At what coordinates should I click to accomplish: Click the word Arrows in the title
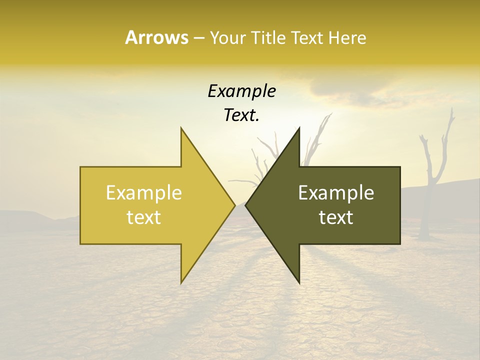tap(156, 37)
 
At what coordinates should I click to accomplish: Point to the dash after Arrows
tap(198, 38)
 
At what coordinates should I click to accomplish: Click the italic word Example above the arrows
tap(241, 91)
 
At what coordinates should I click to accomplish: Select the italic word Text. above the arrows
tap(241, 115)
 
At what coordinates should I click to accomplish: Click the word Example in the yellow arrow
tap(143, 193)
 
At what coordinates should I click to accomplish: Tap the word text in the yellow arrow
tap(143, 217)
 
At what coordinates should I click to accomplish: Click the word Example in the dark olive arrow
tap(336, 193)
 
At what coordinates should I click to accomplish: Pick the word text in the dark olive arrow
tap(336, 217)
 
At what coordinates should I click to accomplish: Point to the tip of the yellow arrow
tap(234, 205)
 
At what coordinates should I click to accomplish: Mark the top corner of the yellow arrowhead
tap(181, 128)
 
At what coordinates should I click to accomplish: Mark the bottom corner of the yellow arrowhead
tap(181, 283)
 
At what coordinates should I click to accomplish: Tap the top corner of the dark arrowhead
tap(299, 128)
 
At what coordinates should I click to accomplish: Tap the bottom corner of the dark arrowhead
tap(299, 283)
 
